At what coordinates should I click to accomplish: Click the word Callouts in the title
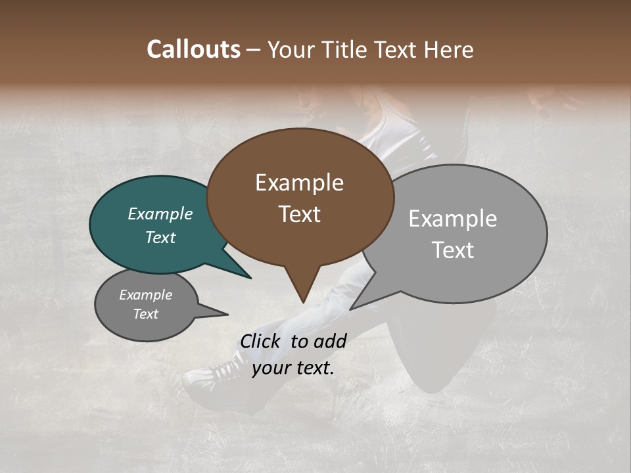click(193, 49)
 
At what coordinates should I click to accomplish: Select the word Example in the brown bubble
click(299, 183)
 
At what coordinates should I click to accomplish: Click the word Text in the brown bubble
click(299, 214)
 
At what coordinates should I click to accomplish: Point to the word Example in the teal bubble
click(160, 214)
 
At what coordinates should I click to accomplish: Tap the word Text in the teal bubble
click(160, 237)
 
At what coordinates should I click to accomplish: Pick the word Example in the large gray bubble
click(452, 219)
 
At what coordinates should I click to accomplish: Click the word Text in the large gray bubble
click(452, 250)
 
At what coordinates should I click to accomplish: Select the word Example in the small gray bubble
click(145, 295)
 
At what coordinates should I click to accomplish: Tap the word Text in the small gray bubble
click(145, 314)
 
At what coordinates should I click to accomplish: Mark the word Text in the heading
click(397, 49)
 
